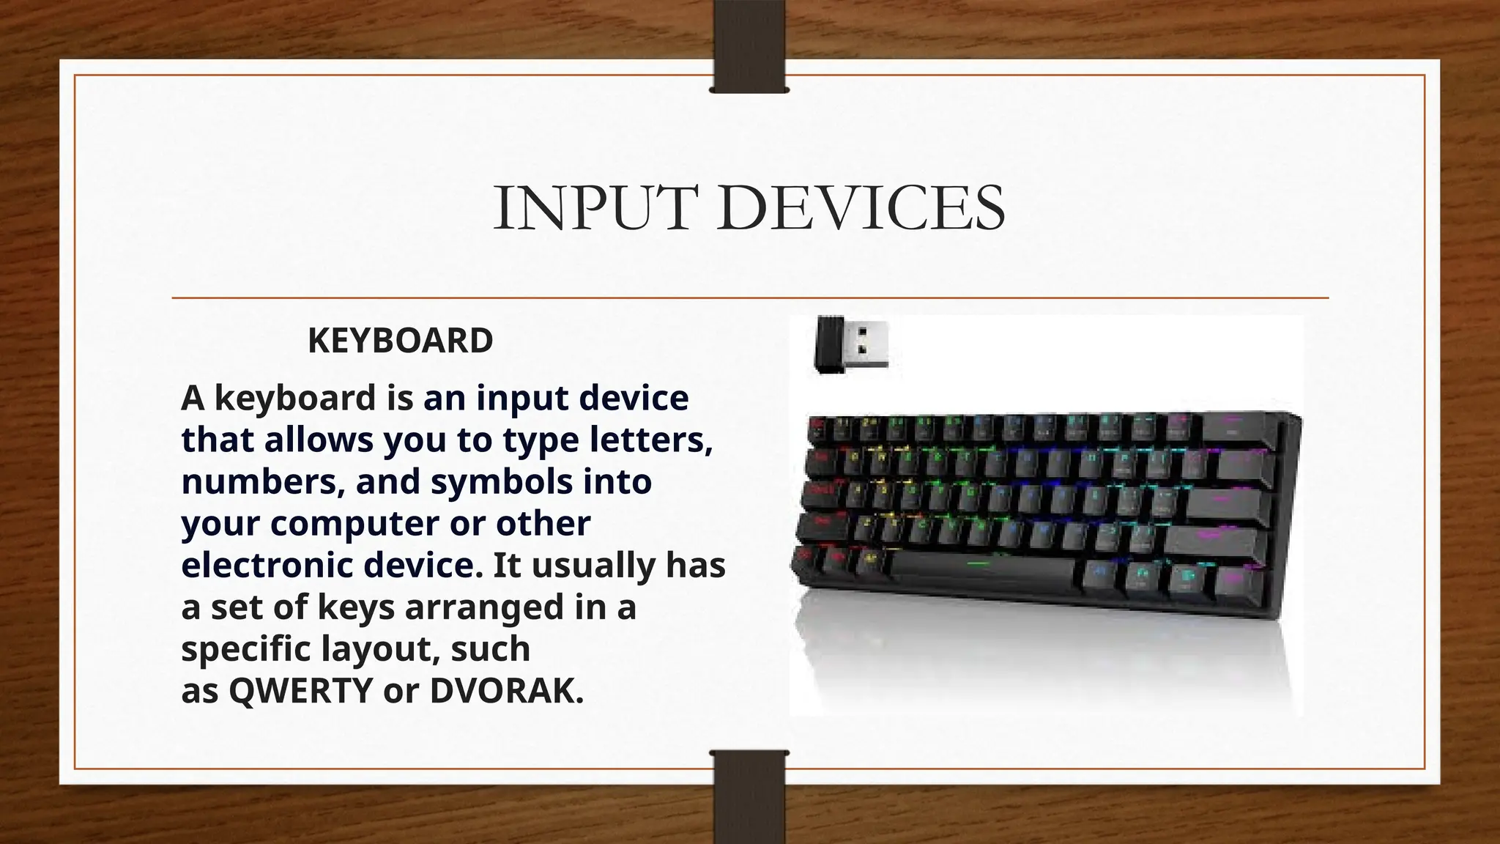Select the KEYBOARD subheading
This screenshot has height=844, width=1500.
pos(400,341)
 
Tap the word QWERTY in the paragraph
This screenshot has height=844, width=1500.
pos(301,690)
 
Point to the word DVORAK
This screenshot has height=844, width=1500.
pos(505,690)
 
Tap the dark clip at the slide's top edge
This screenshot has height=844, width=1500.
pos(749,45)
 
